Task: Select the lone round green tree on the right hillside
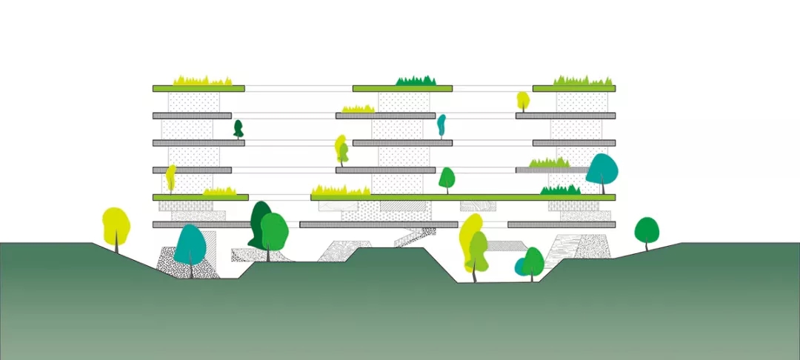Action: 647,230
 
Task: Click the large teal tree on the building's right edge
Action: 601,170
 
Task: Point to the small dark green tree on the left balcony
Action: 239,128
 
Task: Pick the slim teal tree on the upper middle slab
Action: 441,124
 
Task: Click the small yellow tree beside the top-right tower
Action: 523,99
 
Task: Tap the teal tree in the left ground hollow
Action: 190,245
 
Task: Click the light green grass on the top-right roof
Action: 584,80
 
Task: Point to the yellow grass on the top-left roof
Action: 202,80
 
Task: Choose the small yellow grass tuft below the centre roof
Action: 357,109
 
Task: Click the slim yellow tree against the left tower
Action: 170,176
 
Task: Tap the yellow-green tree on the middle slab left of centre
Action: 341,147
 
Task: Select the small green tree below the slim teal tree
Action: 447,178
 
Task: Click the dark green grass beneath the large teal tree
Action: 561,190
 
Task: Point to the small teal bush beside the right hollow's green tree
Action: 521,266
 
